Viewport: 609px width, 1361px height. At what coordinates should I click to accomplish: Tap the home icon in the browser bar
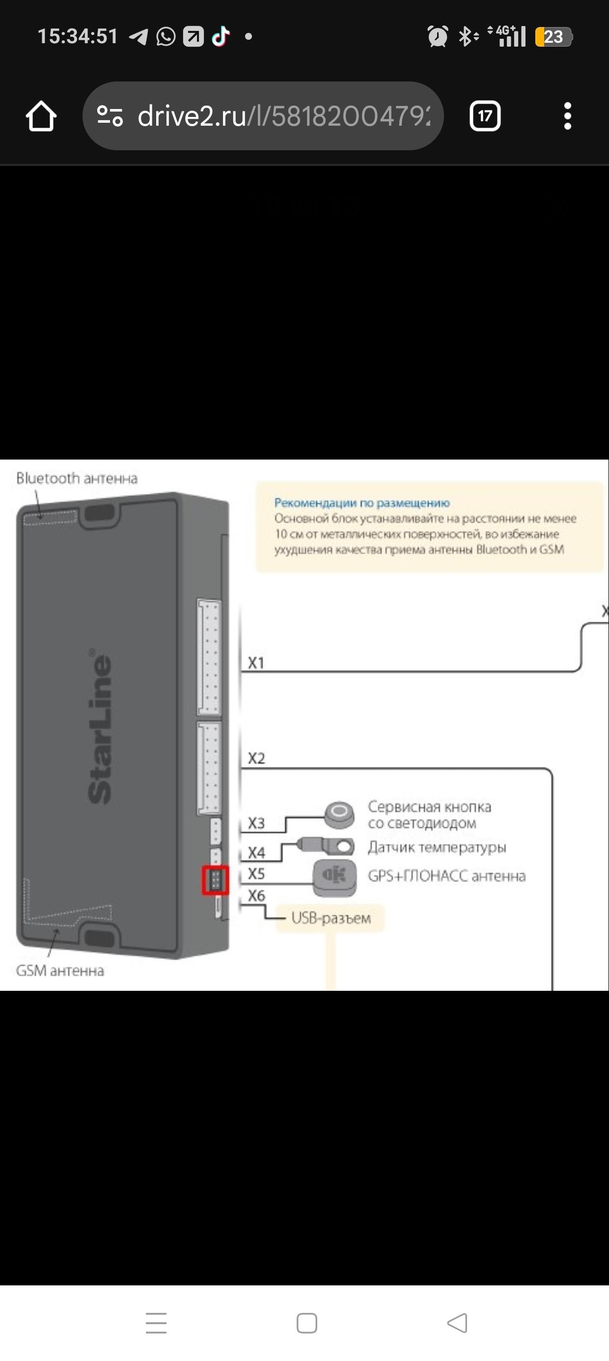click(x=41, y=116)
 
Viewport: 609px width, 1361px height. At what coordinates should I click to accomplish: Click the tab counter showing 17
click(x=485, y=116)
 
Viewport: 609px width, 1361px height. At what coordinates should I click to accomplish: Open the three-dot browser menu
click(x=567, y=116)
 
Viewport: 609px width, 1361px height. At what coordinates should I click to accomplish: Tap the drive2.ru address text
click(x=283, y=116)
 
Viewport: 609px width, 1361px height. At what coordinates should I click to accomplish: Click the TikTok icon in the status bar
click(x=221, y=36)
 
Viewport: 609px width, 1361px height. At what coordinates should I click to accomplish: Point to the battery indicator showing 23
click(x=553, y=36)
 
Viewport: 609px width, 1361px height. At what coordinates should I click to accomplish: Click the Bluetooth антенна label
click(x=77, y=478)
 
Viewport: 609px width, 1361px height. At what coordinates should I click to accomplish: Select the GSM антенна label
click(x=60, y=971)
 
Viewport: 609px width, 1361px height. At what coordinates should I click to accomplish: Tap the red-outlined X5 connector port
click(x=215, y=880)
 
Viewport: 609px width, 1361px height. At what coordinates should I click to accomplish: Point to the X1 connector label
click(x=256, y=662)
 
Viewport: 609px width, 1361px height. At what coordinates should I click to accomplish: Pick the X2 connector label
click(x=256, y=758)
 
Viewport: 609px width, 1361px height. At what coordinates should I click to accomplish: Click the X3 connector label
click(x=256, y=822)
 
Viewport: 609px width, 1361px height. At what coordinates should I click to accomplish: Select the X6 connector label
click(x=256, y=896)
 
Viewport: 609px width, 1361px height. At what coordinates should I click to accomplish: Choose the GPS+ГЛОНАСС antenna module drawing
click(x=334, y=877)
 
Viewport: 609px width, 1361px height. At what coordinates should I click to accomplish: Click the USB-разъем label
click(x=331, y=918)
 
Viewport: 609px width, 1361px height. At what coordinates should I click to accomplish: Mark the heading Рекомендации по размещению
click(x=361, y=502)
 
